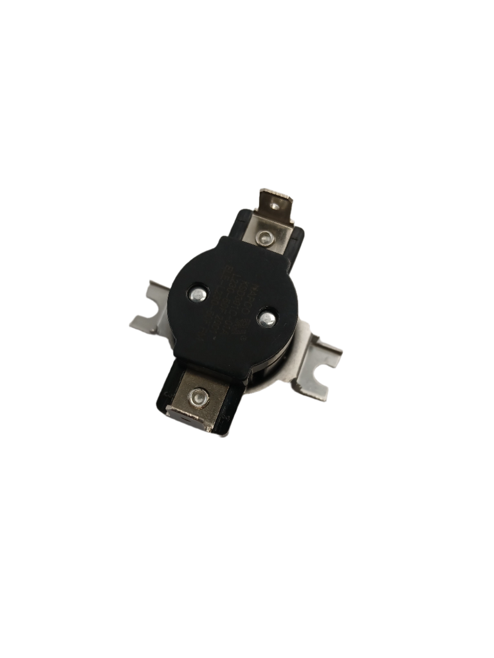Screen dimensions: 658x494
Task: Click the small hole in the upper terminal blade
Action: [x=279, y=206]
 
